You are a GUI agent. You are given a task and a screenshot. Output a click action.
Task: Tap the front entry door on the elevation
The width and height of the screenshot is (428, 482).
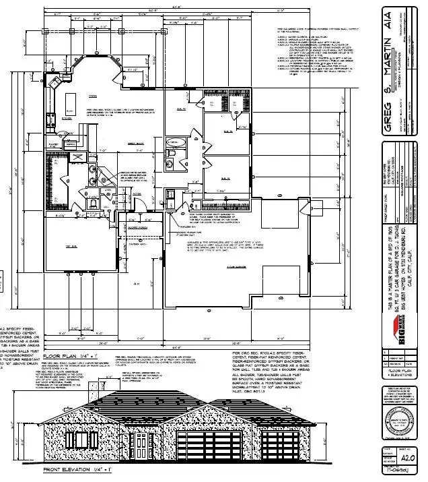[141, 446]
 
